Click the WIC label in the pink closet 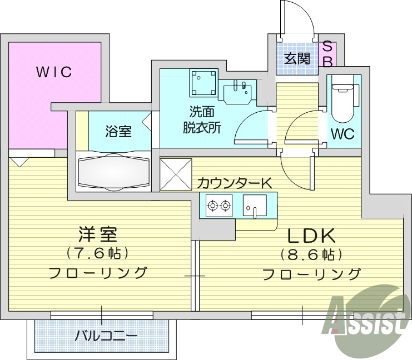click(54, 73)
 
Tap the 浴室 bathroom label click(118, 132)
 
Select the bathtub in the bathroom click(115, 172)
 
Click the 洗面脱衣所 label click(202, 119)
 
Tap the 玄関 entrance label click(298, 57)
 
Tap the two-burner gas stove click(219, 207)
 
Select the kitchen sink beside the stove click(255, 208)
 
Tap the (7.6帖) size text click(97, 253)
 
